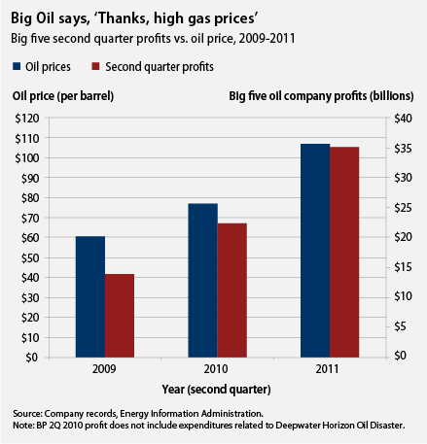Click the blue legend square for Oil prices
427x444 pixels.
(x=18, y=67)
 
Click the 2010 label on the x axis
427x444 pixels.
(x=218, y=370)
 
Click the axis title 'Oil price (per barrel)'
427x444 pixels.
(x=65, y=96)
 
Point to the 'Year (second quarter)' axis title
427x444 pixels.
(x=216, y=389)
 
